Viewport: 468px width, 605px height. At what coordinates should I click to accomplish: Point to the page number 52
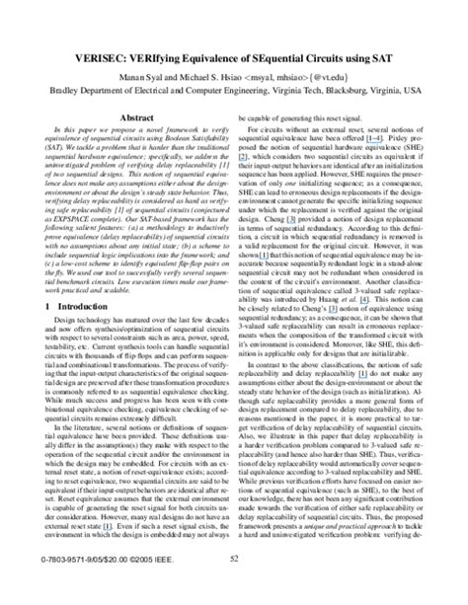coord(234,585)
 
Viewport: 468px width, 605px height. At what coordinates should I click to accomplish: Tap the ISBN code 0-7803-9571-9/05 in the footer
coord(60,585)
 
